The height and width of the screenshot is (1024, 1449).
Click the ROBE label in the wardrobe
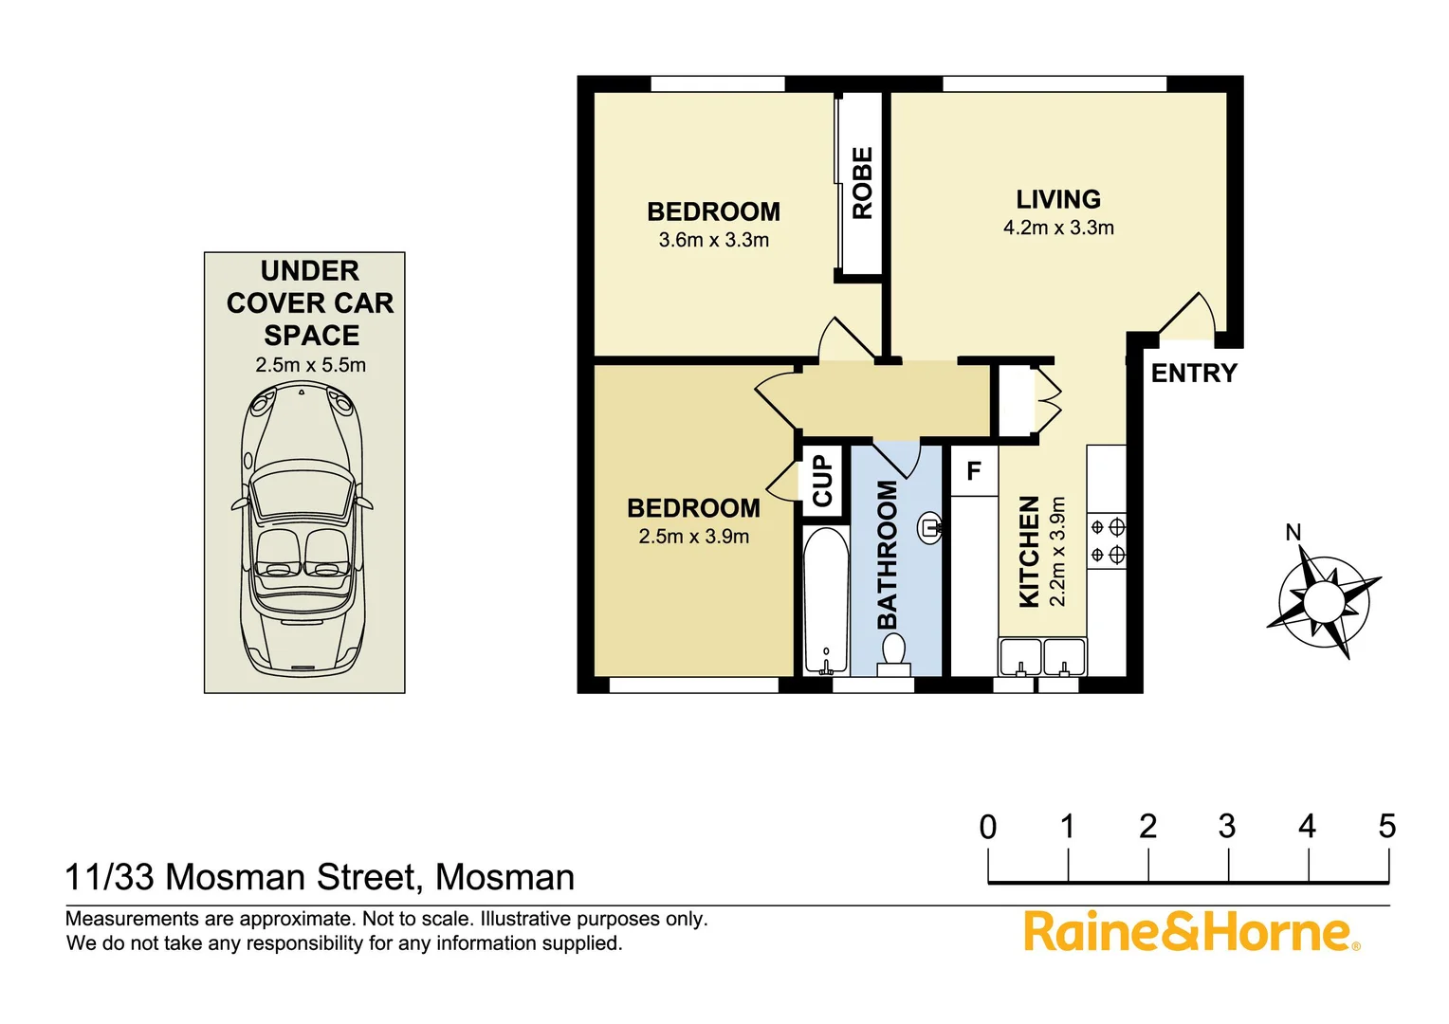click(x=862, y=183)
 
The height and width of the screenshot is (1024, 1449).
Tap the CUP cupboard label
click(x=822, y=481)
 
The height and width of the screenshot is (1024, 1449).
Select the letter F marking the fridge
click(x=974, y=470)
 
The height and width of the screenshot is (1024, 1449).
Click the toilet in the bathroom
click(x=893, y=654)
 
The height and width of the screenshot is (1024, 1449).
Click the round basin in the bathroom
click(x=929, y=527)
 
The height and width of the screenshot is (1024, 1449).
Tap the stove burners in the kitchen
click(x=1107, y=540)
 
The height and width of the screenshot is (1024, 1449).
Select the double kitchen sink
click(x=1042, y=657)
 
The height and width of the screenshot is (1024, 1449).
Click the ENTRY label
click(x=1194, y=374)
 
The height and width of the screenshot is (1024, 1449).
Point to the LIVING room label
click(x=1058, y=199)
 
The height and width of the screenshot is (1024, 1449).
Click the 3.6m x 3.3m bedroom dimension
click(x=714, y=240)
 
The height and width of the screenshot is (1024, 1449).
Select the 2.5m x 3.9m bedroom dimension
click(x=694, y=537)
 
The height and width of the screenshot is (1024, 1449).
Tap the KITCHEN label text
click(x=1029, y=551)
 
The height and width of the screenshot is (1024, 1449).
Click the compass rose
click(x=1323, y=601)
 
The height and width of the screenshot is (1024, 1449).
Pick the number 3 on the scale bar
click(x=1227, y=827)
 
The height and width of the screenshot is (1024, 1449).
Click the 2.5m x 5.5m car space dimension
click(x=310, y=365)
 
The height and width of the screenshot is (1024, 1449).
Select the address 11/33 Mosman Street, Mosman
click(x=320, y=877)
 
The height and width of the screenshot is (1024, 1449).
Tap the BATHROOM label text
click(x=887, y=555)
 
